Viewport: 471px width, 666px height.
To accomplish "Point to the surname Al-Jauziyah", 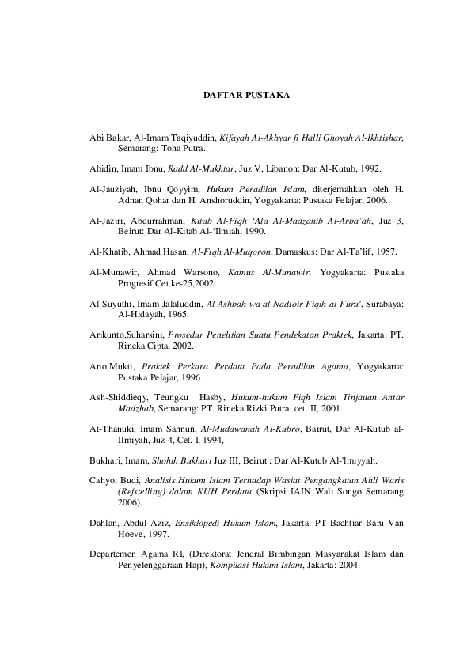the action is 114,190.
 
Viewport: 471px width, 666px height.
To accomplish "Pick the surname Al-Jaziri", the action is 108,221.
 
